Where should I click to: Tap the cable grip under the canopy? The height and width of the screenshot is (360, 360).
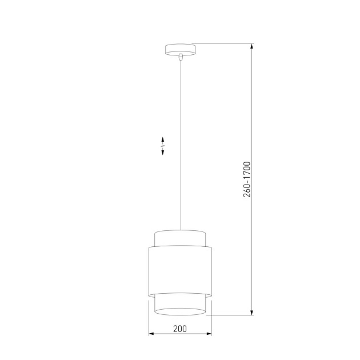pyautogui.click(x=180, y=57)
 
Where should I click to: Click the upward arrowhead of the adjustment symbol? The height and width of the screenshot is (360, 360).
pyautogui.click(x=163, y=139)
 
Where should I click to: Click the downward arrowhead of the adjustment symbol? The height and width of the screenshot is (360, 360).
pyautogui.click(x=163, y=153)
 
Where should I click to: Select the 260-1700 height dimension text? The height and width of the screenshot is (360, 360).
pyautogui.click(x=247, y=179)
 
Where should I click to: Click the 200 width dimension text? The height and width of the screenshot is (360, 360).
pyautogui.click(x=179, y=328)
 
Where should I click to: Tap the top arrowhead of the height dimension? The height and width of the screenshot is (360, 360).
pyautogui.click(x=252, y=47)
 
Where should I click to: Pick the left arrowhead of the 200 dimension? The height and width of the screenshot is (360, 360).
pyautogui.click(x=151, y=334)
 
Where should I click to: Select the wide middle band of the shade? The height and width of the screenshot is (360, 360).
pyautogui.click(x=180, y=269)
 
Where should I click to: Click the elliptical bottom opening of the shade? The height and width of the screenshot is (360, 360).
pyautogui.click(x=180, y=310)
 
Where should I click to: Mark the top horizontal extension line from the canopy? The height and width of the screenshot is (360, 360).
pyautogui.click(x=223, y=44)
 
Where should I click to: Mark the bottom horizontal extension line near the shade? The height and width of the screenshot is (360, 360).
pyautogui.click(x=229, y=315)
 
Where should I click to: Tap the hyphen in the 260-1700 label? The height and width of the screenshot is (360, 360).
pyautogui.click(x=247, y=182)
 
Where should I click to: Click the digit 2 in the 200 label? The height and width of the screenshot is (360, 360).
pyautogui.click(x=174, y=328)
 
